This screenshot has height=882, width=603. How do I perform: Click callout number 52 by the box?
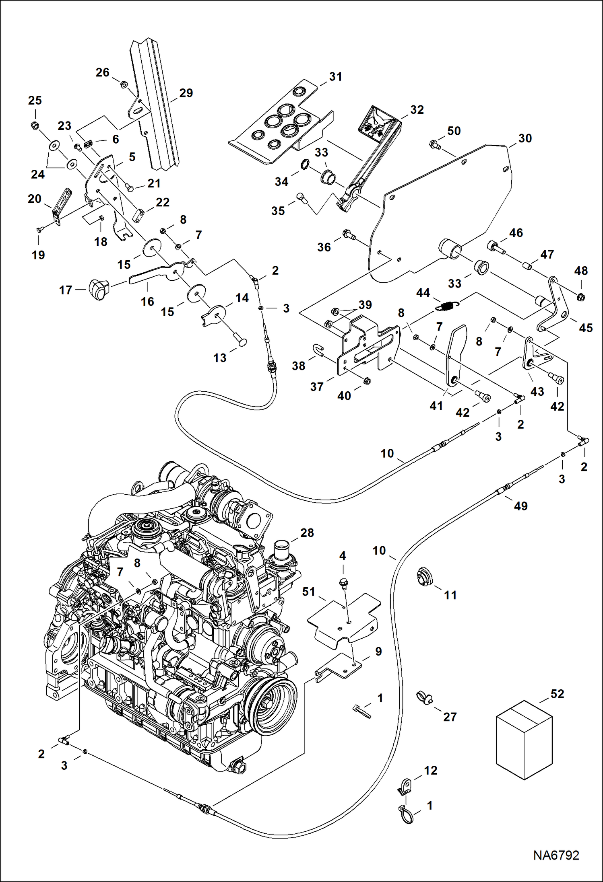click(557, 694)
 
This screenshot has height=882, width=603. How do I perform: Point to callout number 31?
click(335, 77)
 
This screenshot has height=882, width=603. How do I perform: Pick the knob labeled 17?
click(98, 289)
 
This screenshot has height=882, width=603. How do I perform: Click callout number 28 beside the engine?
click(307, 533)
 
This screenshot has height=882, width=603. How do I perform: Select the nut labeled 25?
click(35, 125)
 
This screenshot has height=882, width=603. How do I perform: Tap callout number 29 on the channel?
click(186, 93)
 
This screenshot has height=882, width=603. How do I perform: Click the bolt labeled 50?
click(434, 143)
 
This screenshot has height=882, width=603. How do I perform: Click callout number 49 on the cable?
click(520, 506)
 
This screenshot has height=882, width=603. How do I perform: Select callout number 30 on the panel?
click(525, 138)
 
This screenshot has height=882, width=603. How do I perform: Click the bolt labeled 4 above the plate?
click(343, 582)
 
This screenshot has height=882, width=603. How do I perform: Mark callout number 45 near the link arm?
click(586, 328)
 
